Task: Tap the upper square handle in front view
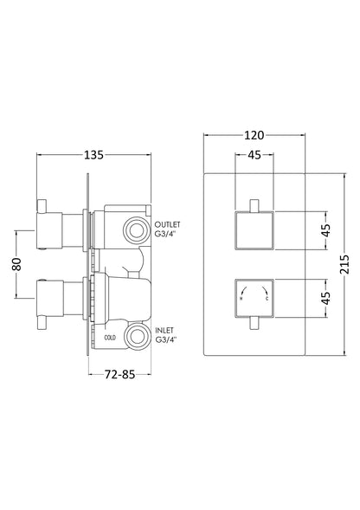(x=254, y=230)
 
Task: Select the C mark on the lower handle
(x=269, y=313)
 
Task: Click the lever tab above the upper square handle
(x=254, y=204)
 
